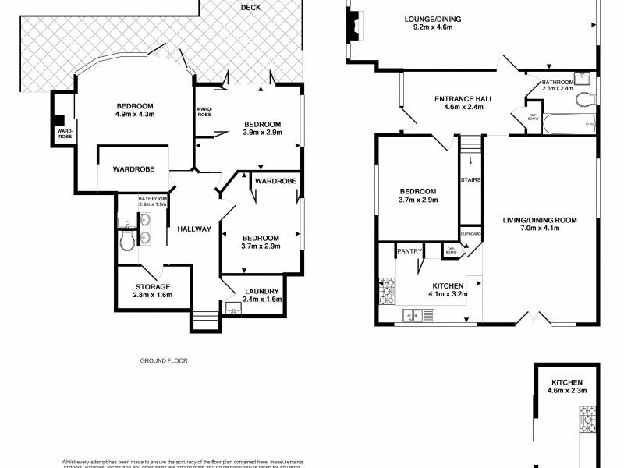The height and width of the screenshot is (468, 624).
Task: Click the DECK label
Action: (250, 8)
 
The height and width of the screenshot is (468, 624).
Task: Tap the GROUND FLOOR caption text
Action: (164, 361)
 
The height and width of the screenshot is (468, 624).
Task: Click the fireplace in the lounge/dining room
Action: (355, 25)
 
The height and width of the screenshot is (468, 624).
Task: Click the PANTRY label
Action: (409, 251)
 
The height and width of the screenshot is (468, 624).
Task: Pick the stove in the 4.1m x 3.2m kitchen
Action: (387, 292)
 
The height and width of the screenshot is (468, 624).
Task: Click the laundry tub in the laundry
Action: (232, 308)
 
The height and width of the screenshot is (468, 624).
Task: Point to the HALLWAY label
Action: (193, 229)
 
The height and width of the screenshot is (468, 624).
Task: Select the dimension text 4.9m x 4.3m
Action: (134, 115)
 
